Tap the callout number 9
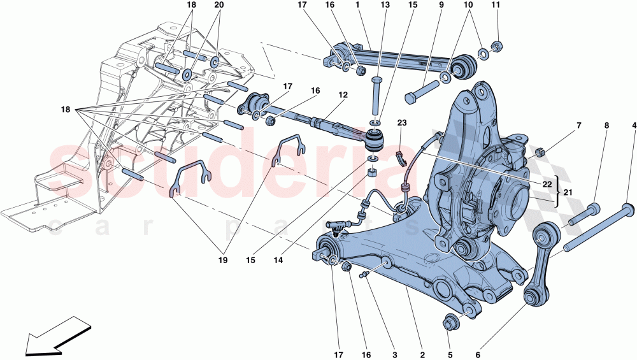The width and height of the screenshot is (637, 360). (441, 6)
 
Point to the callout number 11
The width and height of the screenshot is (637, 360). (497, 6)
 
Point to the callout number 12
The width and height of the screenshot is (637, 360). (343, 95)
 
